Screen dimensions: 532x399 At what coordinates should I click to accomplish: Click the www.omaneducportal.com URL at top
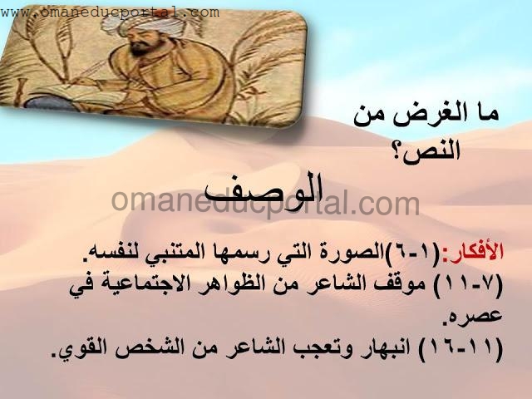coord(110,13)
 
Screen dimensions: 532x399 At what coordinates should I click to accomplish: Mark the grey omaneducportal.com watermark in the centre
coord(265,204)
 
